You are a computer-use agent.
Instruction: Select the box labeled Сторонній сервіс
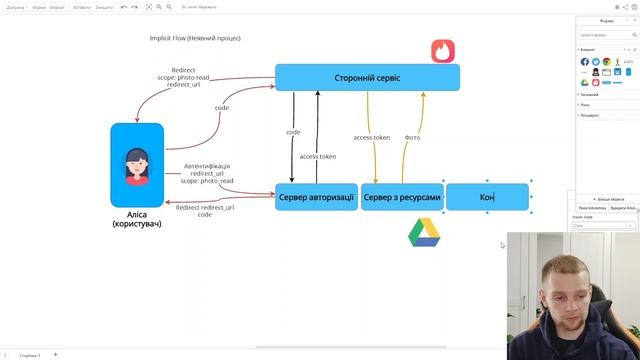pyautogui.click(x=367, y=78)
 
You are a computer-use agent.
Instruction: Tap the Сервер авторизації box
pyautogui.click(x=316, y=197)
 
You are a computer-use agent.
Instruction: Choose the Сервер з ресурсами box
pyautogui.click(x=401, y=197)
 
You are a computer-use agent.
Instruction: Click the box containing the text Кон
pyautogui.click(x=487, y=197)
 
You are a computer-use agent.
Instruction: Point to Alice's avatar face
pyautogui.click(x=136, y=163)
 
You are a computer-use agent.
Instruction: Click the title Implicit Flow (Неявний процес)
pyautogui.click(x=195, y=38)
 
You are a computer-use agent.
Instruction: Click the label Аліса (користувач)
pyautogui.click(x=137, y=219)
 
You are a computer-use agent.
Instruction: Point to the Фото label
pyautogui.click(x=412, y=137)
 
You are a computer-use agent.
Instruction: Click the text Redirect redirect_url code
pyautogui.click(x=205, y=210)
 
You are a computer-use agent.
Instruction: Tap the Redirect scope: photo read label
pyautogui.click(x=183, y=77)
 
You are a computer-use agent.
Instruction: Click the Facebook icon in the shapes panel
pyautogui.click(x=585, y=62)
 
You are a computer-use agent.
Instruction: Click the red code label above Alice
pyautogui.click(x=221, y=108)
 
